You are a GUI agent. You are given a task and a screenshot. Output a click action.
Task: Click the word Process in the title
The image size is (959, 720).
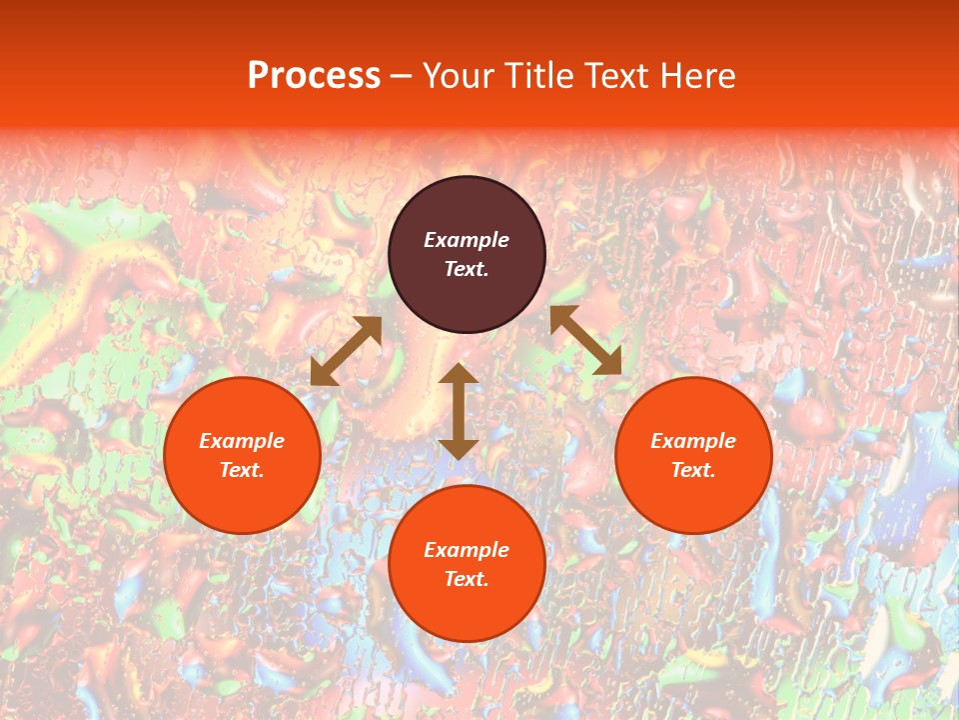point(314,76)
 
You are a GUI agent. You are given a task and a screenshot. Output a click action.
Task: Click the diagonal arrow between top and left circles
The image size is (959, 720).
point(347,351)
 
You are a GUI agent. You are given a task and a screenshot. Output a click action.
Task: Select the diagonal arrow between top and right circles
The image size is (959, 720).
point(585,340)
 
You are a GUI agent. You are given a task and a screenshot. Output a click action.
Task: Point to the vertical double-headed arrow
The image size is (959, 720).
point(459,411)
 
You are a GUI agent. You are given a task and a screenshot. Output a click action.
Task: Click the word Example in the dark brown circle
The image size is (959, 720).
point(467,240)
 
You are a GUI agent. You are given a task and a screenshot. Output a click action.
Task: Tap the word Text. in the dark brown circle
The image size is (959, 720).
point(467,269)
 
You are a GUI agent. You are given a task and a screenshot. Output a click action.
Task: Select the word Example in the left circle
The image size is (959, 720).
point(242,441)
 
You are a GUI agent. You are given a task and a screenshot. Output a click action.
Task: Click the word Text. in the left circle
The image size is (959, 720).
point(242,470)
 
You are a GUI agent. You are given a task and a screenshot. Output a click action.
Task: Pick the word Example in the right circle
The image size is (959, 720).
point(693,441)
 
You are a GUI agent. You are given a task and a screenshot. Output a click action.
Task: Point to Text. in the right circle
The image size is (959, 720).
point(693,470)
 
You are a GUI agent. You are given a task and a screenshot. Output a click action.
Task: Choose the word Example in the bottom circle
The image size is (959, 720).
point(467,550)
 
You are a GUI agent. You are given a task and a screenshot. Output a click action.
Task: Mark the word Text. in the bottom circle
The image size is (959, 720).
point(467,579)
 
